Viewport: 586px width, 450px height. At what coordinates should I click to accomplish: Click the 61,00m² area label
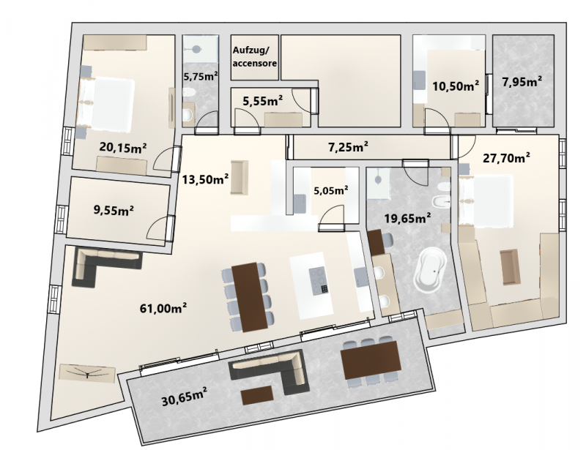[x=163, y=308]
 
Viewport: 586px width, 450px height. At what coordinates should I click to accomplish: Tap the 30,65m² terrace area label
[x=185, y=396]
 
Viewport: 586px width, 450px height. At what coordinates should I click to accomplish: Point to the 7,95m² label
[x=522, y=81]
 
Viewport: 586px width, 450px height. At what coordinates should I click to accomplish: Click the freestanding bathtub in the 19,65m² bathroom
[x=431, y=269]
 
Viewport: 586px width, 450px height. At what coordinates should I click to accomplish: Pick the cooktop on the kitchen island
[x=319, y=280]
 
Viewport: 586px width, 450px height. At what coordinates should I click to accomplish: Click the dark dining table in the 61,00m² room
[x=250, y=297]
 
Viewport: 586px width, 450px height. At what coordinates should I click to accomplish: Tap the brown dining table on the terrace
[x=371, y=361]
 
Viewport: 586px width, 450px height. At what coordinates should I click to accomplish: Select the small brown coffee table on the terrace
[x=257, y=395]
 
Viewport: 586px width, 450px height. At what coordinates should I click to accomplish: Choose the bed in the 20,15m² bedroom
[x=106, y=104]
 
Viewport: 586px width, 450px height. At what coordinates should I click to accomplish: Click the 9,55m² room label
[x=114, y=210]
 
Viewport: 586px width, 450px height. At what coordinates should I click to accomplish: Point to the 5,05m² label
[x=331, y=190]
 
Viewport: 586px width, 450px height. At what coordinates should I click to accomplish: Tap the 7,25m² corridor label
[x=348, y=147]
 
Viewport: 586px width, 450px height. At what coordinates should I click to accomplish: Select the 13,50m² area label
[x=205, y=179]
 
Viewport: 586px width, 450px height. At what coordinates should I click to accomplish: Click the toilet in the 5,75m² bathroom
[x=188, y=92]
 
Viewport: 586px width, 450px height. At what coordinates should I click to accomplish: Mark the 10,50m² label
[x=456, y=86]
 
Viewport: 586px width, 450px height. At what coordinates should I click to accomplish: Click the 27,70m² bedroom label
[x=506, y=158]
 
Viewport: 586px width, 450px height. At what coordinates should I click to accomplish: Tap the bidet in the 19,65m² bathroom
[x=439, y=202]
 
